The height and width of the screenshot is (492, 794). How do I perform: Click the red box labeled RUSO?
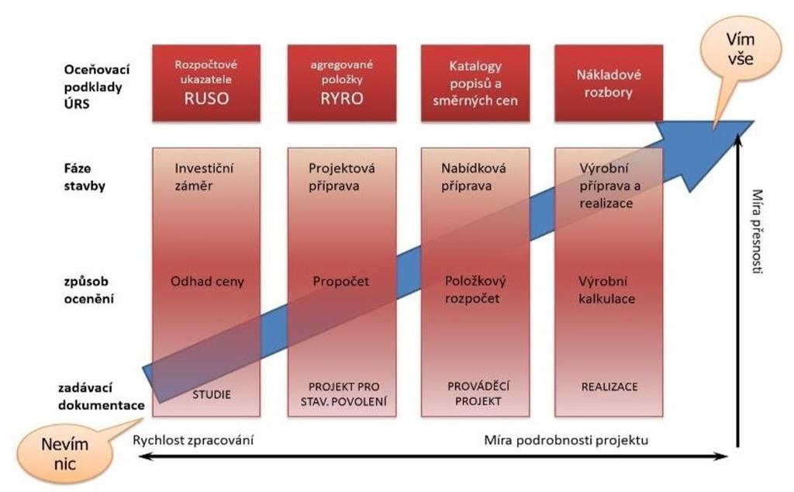(x=206, y=83)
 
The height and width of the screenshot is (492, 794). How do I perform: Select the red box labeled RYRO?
(x=342, y=83)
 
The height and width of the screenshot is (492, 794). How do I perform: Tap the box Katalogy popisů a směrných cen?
(x=475, y=83)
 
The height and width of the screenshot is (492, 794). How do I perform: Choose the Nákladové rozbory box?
(x=609, y=83)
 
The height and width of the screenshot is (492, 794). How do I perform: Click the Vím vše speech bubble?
(x=740, y=50)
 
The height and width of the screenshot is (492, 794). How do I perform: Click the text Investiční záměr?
(x=204, y=177)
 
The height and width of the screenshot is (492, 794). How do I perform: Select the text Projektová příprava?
(x=341, y=177)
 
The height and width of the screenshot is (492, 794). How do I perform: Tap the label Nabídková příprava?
(x=473, y=177)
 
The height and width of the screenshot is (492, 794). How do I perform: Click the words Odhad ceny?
(x=207, y=281)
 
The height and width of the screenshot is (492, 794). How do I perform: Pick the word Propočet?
(x=341, y=281)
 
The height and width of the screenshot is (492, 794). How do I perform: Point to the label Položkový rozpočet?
(x=475, y=289)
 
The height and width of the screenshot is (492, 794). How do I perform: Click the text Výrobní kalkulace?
(x=606, y=289)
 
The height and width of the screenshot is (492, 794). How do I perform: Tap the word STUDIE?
(x=211, y=394)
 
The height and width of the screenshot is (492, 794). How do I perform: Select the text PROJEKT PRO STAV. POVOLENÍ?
(x=343, y=394)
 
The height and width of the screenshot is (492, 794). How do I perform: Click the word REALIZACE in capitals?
(x=609, y=386)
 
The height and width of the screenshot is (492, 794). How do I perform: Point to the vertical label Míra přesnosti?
(x=757, y=231)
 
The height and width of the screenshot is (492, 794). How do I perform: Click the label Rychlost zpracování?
(x=193, y=440)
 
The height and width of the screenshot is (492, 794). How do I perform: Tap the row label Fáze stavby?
(x=85, y=177)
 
